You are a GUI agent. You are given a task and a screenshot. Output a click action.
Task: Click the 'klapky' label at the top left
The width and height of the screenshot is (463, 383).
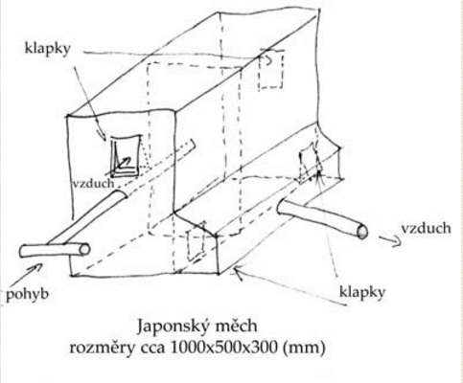point(47,50)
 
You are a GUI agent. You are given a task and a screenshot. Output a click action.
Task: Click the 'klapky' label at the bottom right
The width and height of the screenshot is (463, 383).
point(362,293)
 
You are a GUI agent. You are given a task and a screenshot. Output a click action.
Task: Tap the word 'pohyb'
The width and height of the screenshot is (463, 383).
point(28,294)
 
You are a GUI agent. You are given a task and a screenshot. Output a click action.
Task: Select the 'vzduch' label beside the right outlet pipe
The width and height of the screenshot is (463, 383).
point(427,229)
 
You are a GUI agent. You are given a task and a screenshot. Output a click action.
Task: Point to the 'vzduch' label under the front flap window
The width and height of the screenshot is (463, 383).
point(93,183)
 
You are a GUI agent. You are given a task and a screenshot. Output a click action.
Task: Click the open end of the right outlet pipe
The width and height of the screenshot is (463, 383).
point(362,232)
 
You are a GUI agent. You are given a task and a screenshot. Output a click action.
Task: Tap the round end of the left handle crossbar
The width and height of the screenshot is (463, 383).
point(84,250)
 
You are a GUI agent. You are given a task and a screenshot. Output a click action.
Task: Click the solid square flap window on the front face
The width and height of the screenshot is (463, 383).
point(126,156)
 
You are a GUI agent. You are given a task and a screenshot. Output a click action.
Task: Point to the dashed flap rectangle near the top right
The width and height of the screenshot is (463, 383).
point(271,69)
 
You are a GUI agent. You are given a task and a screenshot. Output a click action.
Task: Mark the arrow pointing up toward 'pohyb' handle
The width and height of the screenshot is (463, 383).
point(28,275)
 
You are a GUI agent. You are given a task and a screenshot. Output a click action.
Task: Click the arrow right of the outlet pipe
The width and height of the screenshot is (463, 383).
point(390,240)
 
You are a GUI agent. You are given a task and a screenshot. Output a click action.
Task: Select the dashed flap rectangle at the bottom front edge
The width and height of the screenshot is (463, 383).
point(196,241)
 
